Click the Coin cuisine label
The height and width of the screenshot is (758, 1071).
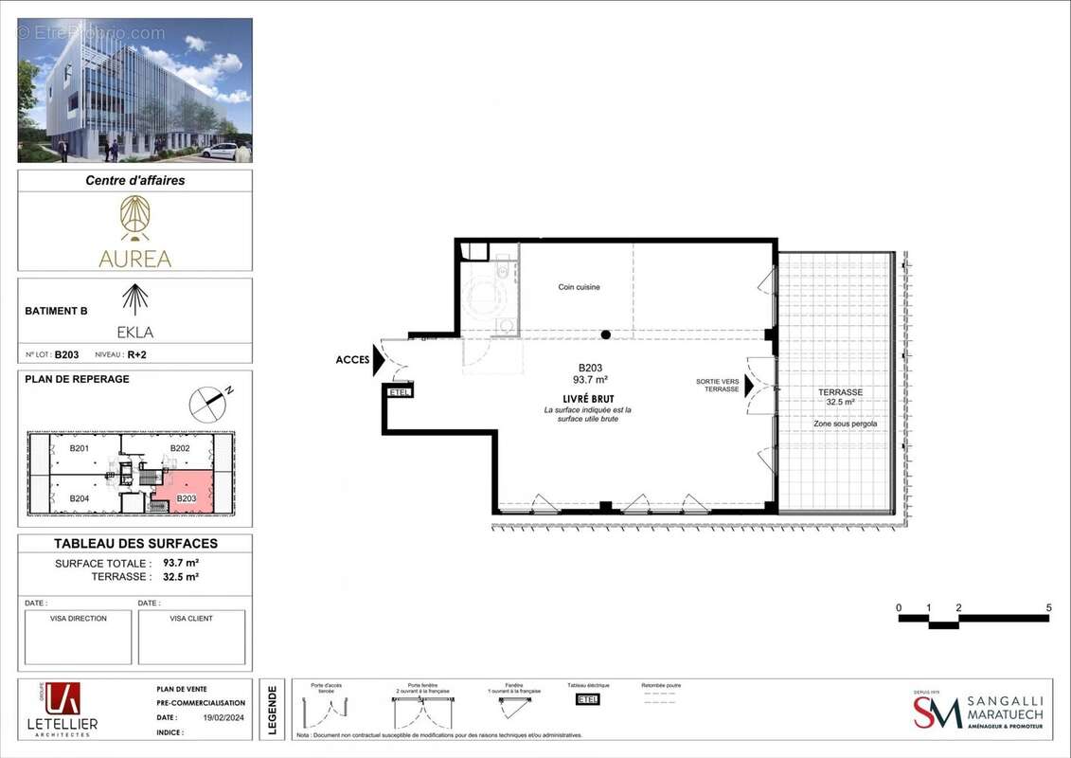tap(579, 287)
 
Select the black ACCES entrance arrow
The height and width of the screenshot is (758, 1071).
tap(378, 360)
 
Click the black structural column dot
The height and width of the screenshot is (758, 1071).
tap(605, 334)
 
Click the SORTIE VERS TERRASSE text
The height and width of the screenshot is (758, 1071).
tap(717, 385)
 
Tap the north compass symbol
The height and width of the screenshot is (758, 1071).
tap(208, 404)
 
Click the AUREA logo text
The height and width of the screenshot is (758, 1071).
tap(134, 259)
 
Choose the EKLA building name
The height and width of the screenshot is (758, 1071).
tap(134, 333)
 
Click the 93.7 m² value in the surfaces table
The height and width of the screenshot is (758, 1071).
tap(180, 562)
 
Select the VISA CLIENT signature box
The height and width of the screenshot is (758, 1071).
tap(191, 637)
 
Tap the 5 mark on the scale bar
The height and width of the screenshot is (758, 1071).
tap(1048, 607)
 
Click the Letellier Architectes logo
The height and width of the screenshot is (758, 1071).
tap(62, 709)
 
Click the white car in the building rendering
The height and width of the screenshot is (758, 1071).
tap(220, 151)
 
